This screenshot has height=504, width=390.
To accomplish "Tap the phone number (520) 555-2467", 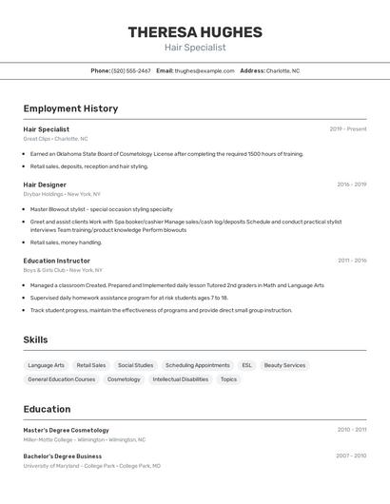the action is click(x=131, y=71).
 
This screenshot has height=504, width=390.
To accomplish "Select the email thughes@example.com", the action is click(x=205, y=71).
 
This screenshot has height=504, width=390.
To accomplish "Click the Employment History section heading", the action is click(x=70, y=108).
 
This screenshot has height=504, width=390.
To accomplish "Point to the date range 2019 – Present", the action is click(x=348, y=129).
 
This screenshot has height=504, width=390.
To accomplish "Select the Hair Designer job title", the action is click(x=45, y=184).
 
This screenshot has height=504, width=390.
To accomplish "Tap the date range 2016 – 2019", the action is click(x=351, y=184).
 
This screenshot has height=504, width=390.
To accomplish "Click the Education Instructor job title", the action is click(x=57, y=261).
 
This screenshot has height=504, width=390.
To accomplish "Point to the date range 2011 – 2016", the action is click(x=351, y=261).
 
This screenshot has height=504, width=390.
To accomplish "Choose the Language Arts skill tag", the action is click(x=47, y=365).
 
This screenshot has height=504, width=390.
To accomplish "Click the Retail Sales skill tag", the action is click(x=91, y=365).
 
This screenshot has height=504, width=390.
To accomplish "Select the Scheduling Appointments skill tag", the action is click(x=197, y=365).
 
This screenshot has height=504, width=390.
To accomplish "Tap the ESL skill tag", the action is click(x=247, y=365).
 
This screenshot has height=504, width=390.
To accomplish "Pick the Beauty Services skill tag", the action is click(x=284, y=365).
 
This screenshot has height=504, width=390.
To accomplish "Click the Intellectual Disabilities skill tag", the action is click(x=180, y=379).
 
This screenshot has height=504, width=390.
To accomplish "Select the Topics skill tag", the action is click(x=228, y=379).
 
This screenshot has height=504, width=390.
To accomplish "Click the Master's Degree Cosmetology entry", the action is click(x=67, y=430).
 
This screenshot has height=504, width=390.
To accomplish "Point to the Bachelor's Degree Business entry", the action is click(x=63, y=456).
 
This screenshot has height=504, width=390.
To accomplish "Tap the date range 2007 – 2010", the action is click(x=351, y=456).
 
